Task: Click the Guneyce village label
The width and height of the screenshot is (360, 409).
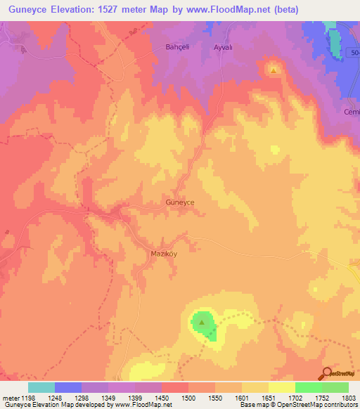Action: coord(179,202)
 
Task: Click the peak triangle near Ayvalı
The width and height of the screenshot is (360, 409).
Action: coord(273,70)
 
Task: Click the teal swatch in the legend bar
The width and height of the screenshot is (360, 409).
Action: coord(41,387)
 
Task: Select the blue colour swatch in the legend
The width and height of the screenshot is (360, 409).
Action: coord(68,387)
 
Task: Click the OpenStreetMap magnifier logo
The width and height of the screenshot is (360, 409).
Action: coord(326,373)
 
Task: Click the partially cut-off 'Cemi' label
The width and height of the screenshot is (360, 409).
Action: coord(352,112)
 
